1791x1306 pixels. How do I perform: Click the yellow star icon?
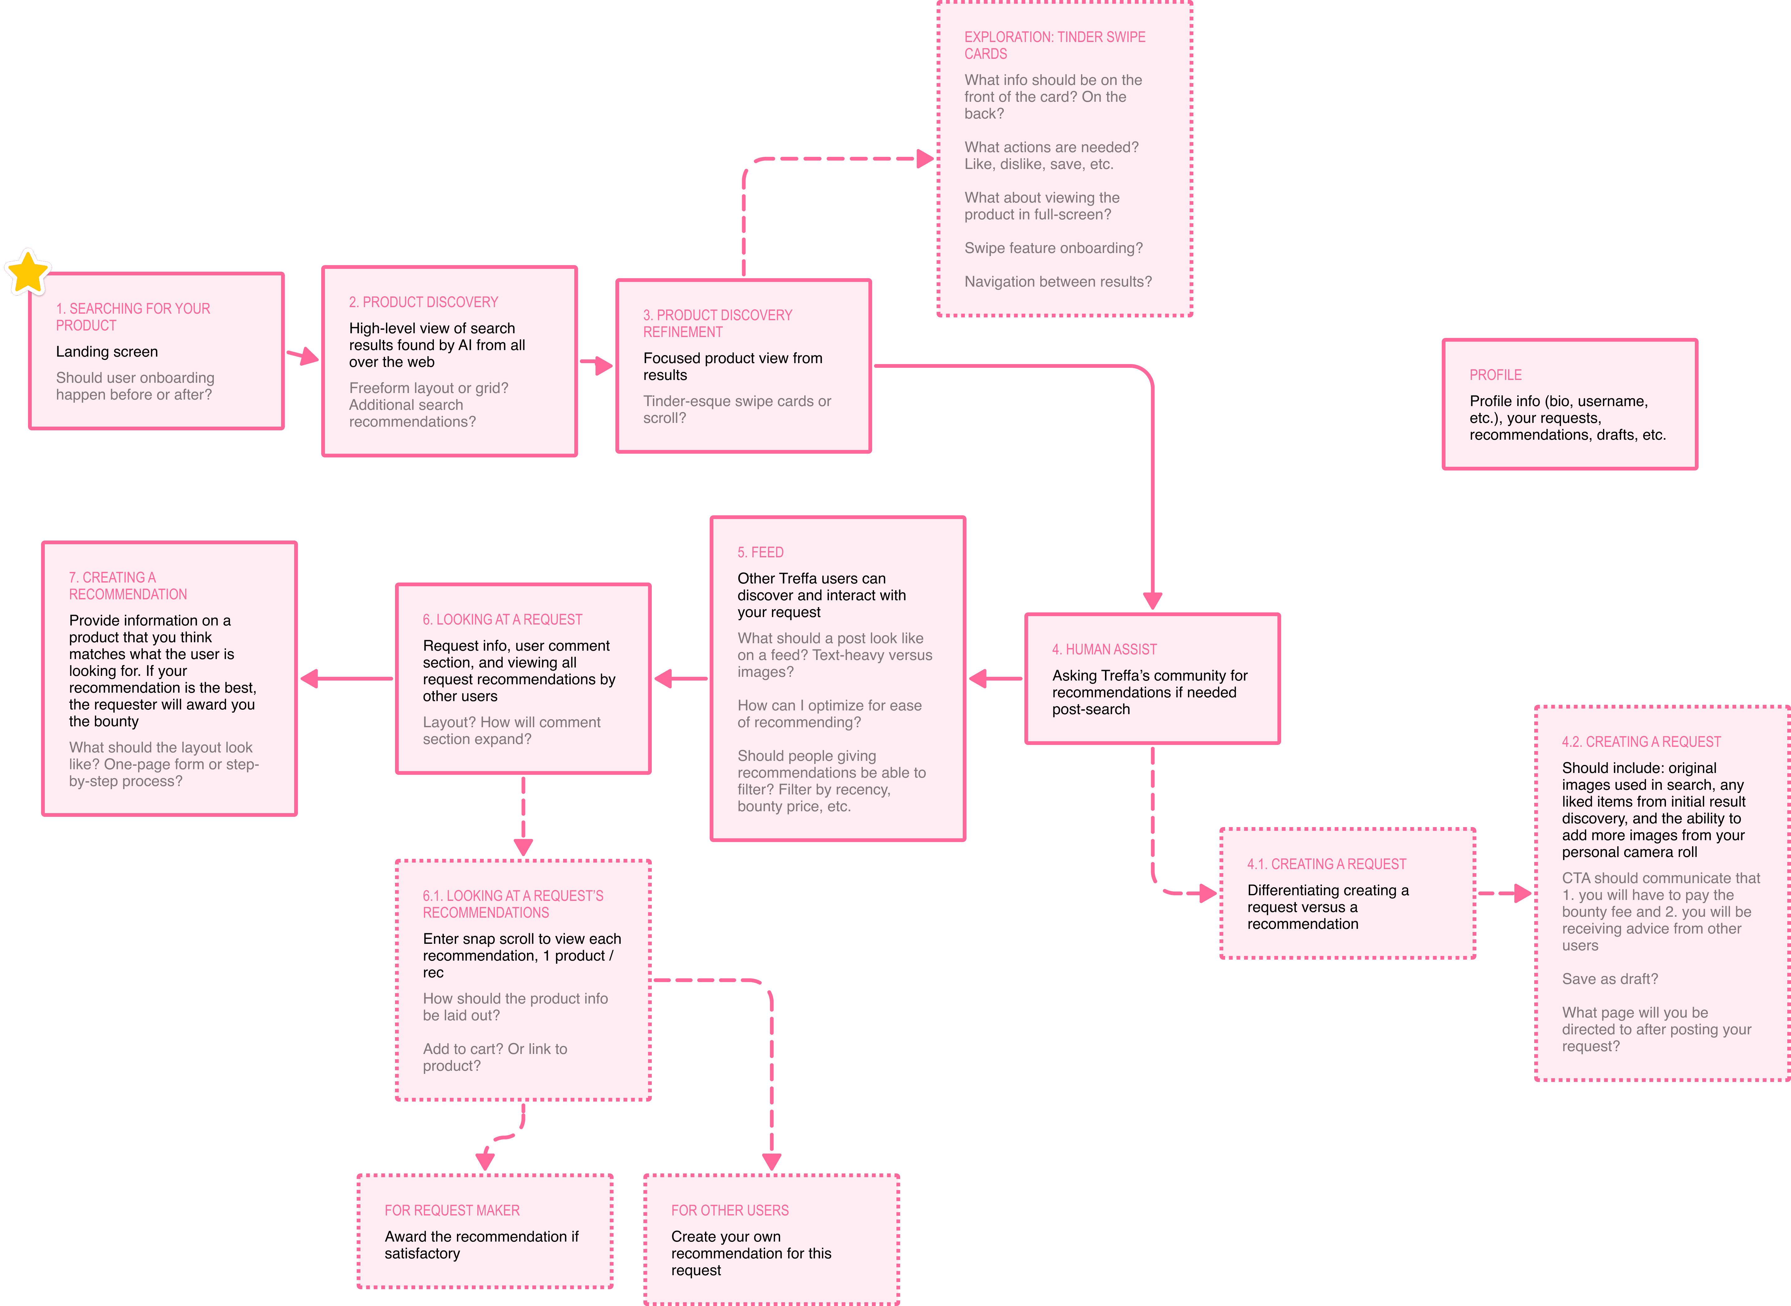(28, 272)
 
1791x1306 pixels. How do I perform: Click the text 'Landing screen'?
(107, 352)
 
